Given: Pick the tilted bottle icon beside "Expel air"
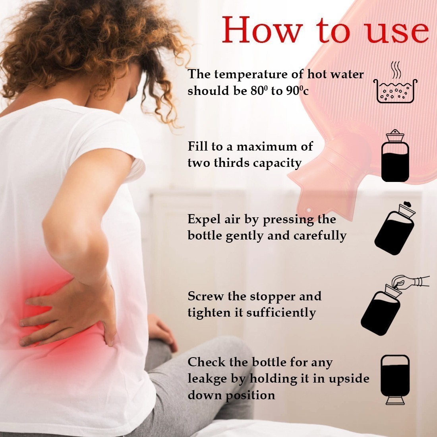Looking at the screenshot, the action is click(x=394, y=228).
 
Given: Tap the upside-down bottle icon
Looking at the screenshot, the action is click(x=395, y=379).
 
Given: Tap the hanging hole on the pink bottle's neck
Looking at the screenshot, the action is click(x=309, y=210).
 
